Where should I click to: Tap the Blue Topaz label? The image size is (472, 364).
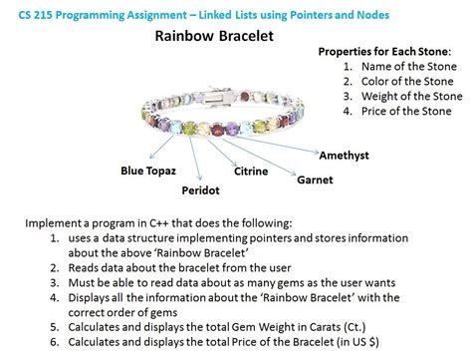(148, 171)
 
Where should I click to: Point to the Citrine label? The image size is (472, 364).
(251, 172)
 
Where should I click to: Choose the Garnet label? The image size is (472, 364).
(315, 181)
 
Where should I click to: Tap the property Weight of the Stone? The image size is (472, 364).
(413, 96)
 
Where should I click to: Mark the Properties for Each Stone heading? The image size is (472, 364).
(382, 51)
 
